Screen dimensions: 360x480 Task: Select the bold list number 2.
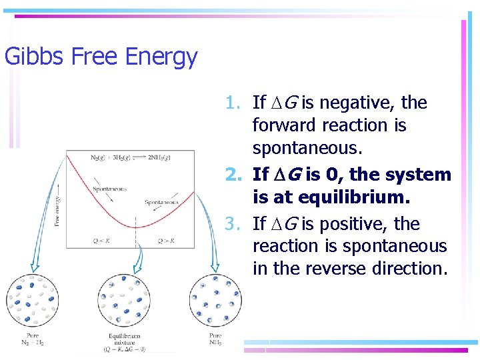coord(233,175)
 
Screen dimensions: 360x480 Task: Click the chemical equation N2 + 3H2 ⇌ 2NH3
coord(131,157)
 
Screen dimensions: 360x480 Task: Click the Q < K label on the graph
coord(102,241)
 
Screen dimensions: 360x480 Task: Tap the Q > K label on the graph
coord(165,241)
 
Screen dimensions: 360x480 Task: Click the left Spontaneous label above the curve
coord(110,189)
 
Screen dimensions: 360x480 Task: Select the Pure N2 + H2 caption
coord(33,339)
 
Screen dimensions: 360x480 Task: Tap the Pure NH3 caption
coord(215,339)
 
